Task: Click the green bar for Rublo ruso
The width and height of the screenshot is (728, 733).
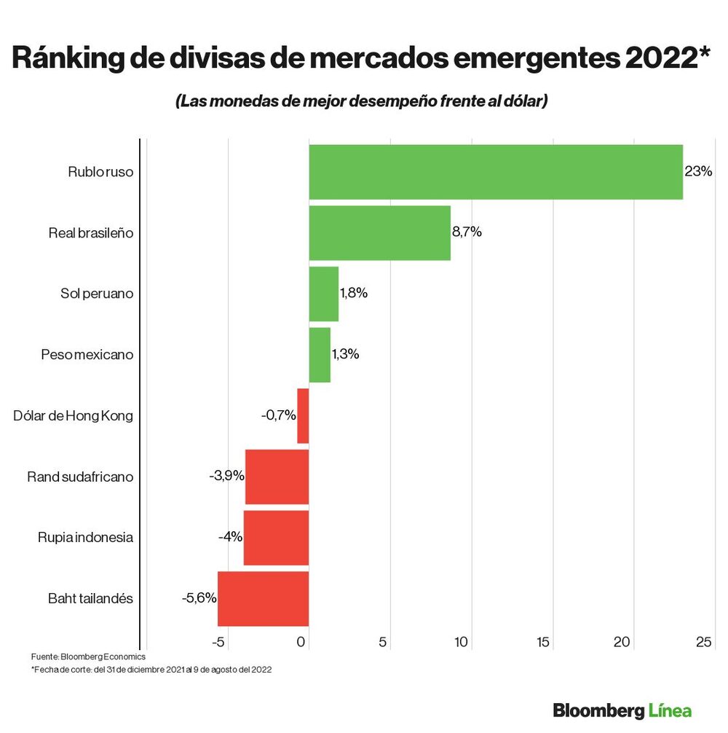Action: [x=495, y=172]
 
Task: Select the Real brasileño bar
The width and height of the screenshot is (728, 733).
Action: [x=379, y=233]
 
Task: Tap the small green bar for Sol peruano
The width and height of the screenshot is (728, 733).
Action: [x=323, y=294]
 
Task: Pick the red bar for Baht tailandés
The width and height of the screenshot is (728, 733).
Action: [x=263, y=599]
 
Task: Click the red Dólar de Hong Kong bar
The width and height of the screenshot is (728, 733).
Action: [x=303, y=416]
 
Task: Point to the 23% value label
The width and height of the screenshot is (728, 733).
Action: [x=698, y=173]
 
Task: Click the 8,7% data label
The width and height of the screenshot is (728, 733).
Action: [x=467, y=232]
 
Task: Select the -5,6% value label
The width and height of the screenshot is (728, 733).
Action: [x=199, y=598]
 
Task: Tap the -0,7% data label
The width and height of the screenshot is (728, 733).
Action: [x=278, y=416]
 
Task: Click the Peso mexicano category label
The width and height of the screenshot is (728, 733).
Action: [x=87, y=355]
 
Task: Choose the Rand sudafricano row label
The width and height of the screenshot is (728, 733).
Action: [x=80, y=477]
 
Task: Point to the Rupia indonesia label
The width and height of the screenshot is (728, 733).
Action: [x=85, y=538]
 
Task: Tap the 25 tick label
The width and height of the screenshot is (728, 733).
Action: [x=703, y=642]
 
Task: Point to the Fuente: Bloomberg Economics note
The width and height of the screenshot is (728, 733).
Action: [x=88, y=657]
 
